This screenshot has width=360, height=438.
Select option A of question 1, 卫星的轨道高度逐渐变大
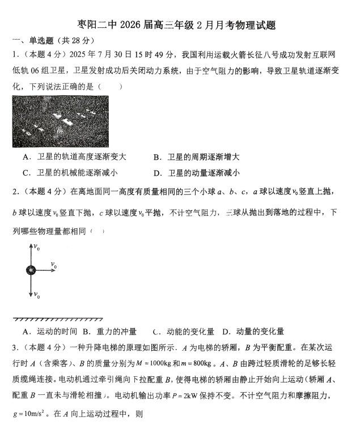pyautogui.click(x=74, y=157)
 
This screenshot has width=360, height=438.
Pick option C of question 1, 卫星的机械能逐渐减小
pyautogui.click(x=74, y=173)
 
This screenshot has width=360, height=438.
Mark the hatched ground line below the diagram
pyautogui.click(x=57, y=320)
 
